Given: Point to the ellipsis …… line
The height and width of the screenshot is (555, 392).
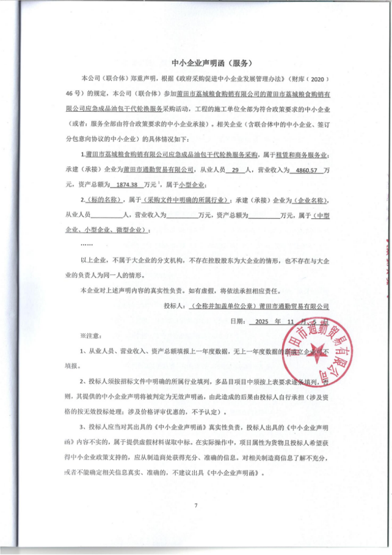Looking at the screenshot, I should [x=87, y=244].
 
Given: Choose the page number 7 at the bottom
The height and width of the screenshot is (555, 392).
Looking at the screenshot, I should [x=196, y=505].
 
